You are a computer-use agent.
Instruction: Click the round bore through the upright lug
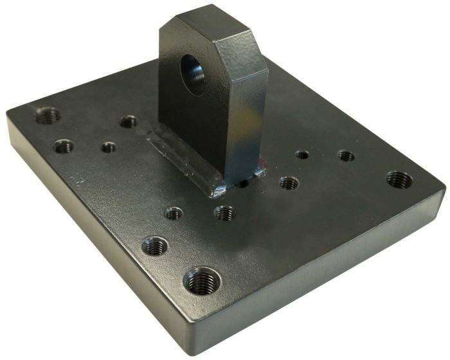tap(193, 72)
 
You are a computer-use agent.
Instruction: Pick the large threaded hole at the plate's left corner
tap(47, 116)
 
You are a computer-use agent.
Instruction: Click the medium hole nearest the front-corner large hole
tap(155, 245)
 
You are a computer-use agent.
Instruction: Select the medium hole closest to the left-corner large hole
tap(63, 147)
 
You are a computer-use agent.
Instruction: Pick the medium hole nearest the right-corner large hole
tap(346, 156)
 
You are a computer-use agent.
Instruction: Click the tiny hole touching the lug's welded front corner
tap(243, 183)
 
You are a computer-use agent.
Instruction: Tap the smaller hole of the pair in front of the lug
tap(172, 212)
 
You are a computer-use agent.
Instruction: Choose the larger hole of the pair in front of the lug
tap(224, 212)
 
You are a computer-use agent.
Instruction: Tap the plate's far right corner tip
tap(444, 188)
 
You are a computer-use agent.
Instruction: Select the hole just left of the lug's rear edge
tap(129, 121)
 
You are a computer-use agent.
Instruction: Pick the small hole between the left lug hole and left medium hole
tap(109, 147)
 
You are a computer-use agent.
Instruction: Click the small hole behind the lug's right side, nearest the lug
tap(301, 154)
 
